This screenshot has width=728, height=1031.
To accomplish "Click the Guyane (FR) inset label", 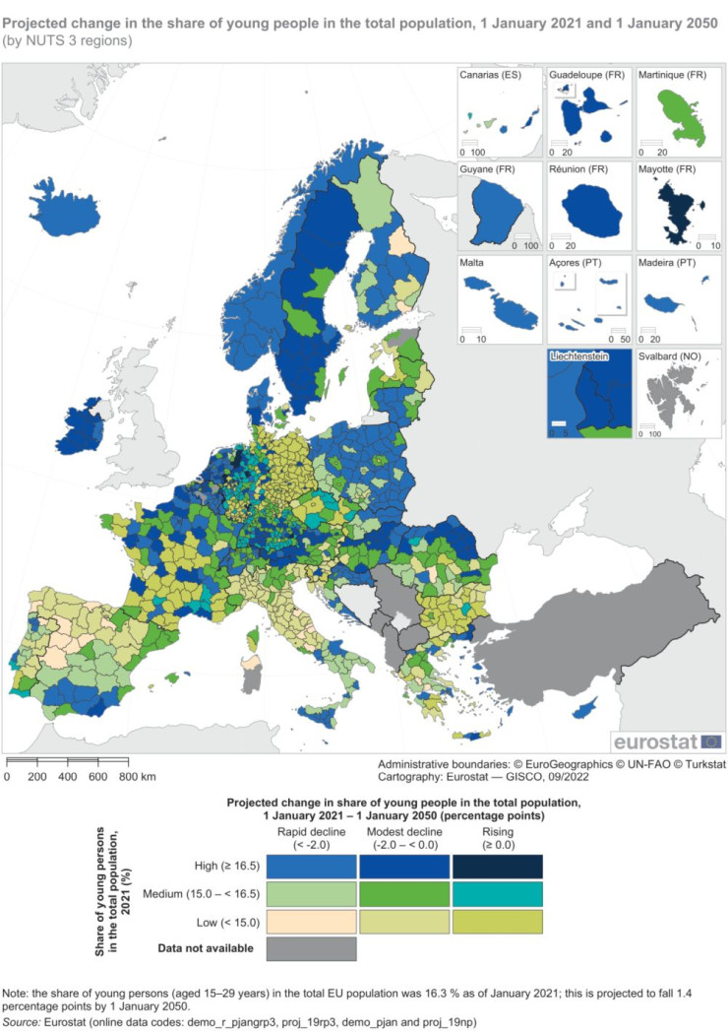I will point(489,169).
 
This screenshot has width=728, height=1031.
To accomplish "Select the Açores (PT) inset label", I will point(578,264).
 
